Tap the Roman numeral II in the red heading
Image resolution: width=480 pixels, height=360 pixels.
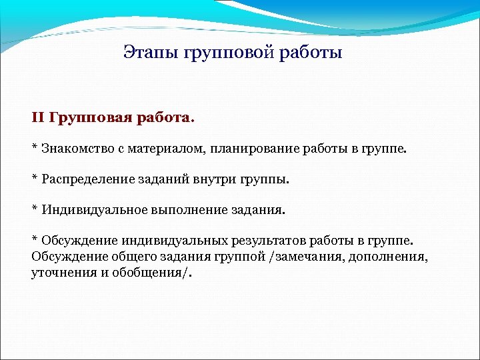click(x=37, y=118)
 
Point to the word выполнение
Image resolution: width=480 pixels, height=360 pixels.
click(x=185, y=210)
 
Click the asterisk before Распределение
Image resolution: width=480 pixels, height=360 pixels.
click(x=35, y=178)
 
